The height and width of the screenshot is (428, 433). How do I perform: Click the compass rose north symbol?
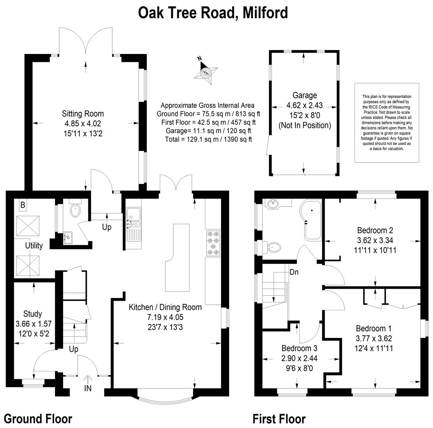205,72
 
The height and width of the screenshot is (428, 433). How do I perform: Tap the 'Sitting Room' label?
83,114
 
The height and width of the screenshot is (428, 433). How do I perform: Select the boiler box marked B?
23,205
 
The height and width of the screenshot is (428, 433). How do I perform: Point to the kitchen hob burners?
213,243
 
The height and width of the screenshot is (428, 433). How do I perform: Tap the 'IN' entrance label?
88,388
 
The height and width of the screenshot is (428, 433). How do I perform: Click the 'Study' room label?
33,314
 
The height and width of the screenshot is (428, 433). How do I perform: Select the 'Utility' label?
34,245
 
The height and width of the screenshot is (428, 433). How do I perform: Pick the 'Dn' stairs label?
294,272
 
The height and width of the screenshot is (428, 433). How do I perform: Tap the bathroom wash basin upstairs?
273,204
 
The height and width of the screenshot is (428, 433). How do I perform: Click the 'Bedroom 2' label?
375,230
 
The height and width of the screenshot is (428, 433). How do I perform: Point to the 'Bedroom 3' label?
299,348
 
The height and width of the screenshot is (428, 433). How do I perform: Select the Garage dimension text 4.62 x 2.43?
305,105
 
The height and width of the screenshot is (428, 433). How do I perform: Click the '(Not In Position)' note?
305,125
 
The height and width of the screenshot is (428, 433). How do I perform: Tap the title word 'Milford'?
265,13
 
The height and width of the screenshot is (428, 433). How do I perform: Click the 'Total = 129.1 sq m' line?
208,139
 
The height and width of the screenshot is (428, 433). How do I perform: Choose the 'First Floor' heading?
279,419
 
